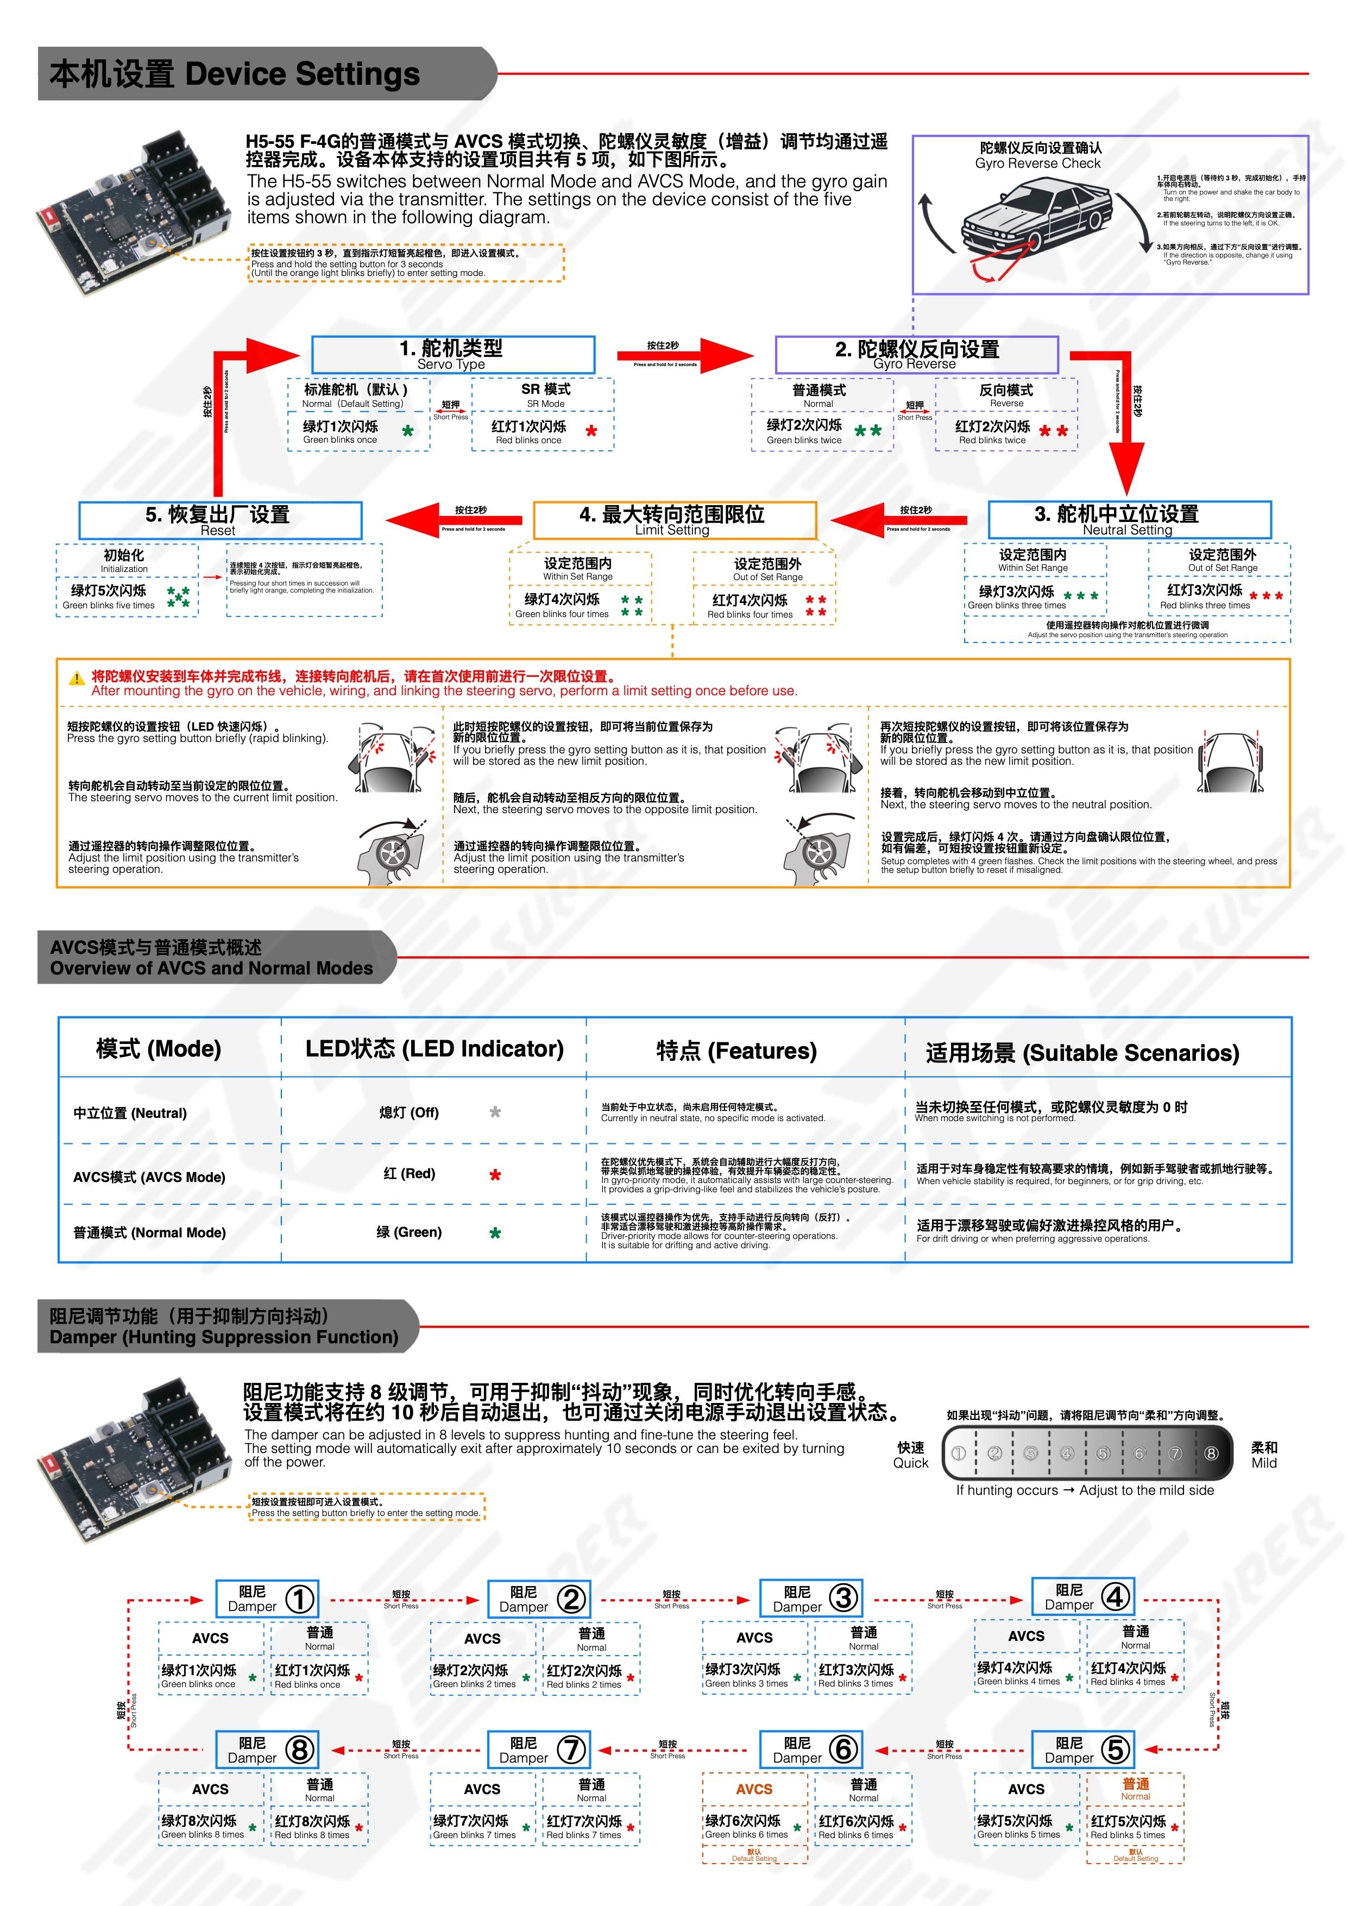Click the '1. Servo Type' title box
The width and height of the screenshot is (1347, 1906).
(x=452, y=355)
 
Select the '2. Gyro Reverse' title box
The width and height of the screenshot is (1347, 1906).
(x=916, y=355)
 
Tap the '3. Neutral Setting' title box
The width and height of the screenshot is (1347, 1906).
(x=1128, y=520)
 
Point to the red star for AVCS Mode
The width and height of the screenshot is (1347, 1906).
(x=495, y=1175)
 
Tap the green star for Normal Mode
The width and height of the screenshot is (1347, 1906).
(x=495, y=1234)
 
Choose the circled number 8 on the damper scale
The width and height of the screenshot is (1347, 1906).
(x=1211, y=1453)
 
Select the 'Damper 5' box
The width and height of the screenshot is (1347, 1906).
(x=1082, y=1749)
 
